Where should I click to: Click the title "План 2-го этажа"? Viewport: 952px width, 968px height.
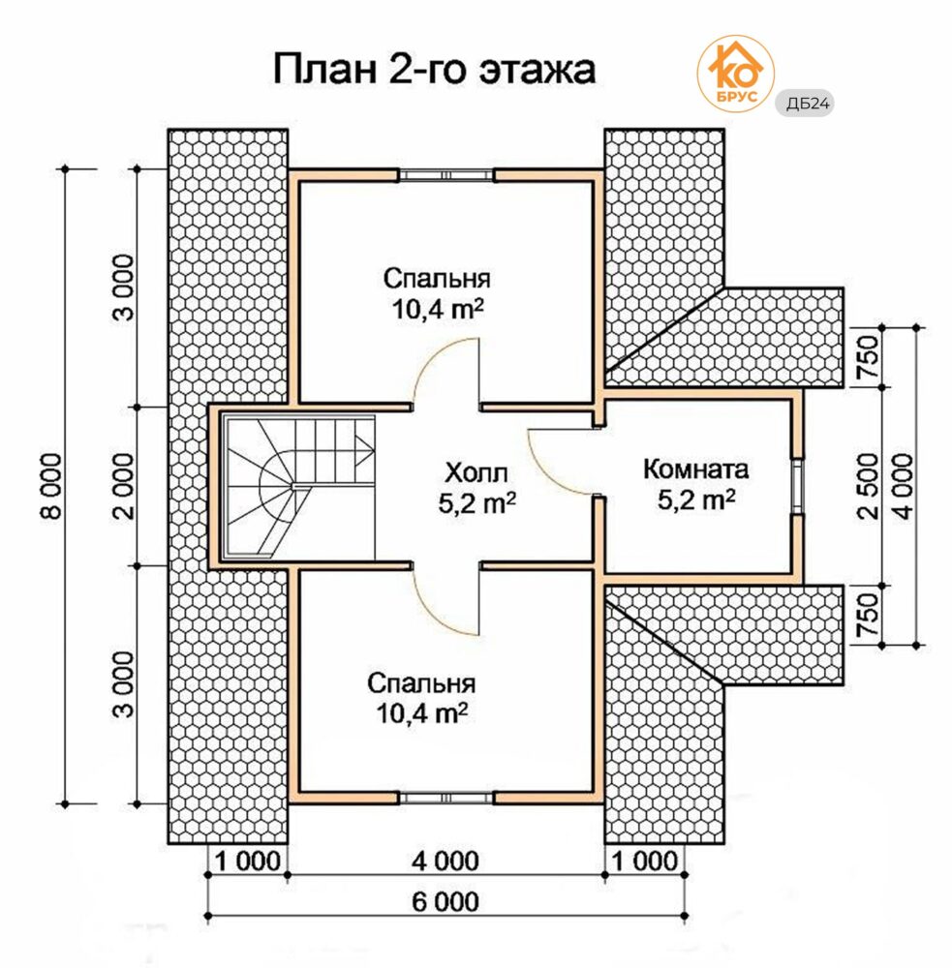pyautogui.click(x=434, y=69)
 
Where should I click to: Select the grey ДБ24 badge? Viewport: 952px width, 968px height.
pyautogui.click(x=805, y=104)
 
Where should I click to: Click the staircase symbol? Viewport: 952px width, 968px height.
pyautogui.click(x=299, y=487)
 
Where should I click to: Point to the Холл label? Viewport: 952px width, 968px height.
pyautogui.click(x=476, y=473)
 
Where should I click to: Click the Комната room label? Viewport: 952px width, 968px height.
pyautogui.click(x=695, y=469)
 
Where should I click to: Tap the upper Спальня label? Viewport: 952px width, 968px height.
pyautogui.click(x=437, y=279)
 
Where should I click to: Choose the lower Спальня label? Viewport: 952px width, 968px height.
pyautogui.click(x=421, y=683)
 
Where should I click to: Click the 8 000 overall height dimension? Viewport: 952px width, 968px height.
pyautogui.click(x=52, y=486)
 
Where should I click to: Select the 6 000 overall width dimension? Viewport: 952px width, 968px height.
pyautogui.click(x=445, y=902)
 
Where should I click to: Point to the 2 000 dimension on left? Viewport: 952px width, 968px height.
pyautogui.click(x=124, y=486)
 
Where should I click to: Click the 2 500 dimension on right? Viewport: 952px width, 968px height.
pyautogui.click(x=869, y=486)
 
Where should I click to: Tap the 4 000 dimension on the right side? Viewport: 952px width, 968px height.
pyautogui.click(x=903, y=486)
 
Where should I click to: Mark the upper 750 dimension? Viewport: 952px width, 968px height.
pyautogui.click(x=869, y=357)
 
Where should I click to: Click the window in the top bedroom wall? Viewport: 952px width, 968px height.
pyautogui.click(x=446, y=176)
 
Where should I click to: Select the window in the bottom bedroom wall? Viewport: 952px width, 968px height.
pyautogui.click(x=446, y=798)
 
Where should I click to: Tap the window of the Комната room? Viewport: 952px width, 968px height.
pyautogui.click(x=798, y=487)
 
